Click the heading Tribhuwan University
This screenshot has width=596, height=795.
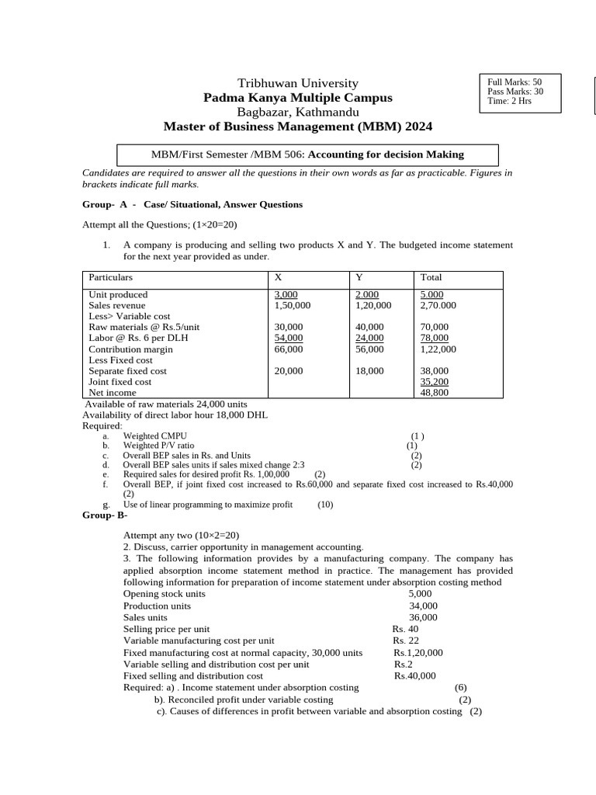pyautogui.click(x=297, y=83)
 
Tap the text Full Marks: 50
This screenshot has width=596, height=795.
pyautogui.click(x=515, y=82)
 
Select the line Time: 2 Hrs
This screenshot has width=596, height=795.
pyautogui.click(x=509, y=101)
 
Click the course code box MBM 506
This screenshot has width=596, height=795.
pyautogui.click(x=307, y=154)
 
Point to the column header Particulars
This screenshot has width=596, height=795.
pyautogui.click(x=111, y=277)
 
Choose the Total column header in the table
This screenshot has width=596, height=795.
pyautogui.click(x=431, y=277)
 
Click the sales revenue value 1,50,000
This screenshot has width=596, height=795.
pyautogui.click(x=293, y=305)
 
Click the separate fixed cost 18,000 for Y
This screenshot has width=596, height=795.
pyautogui.click(x=369, y=371)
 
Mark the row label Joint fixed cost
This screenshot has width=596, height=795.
pyautogui.click(x=120, y=382)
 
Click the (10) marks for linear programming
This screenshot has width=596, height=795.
pyautogui.click(x=325, y=505)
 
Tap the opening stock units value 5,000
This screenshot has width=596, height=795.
pyautogui.click(x=420, y=593)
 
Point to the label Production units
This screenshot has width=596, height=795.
pyautogui.click(x=157, y=606)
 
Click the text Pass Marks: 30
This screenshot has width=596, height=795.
pyautogui.click(x=515, y=92)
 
